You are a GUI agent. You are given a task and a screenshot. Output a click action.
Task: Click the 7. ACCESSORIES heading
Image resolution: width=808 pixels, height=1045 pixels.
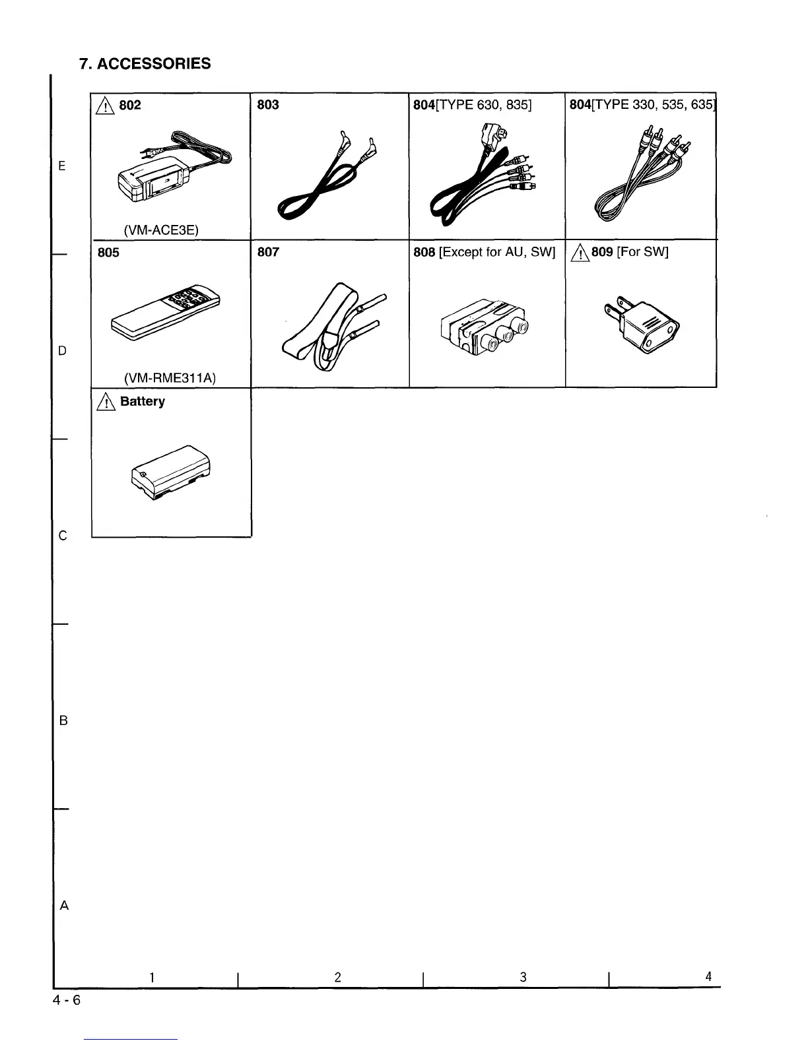click(x=145, y=63)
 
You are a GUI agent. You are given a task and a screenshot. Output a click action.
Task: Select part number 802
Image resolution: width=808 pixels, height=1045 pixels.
click(x=129, y=105)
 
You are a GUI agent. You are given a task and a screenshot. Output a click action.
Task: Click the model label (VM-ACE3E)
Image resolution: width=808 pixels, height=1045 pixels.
click(x=161, y=230)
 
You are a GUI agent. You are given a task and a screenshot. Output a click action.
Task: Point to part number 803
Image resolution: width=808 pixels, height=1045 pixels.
click(x=267, y=105)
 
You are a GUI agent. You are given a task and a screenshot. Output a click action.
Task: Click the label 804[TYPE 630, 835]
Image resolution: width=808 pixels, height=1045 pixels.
click(x=472, y=105)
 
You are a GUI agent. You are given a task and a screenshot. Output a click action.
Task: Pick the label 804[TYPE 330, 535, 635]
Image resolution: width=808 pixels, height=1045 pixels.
click(x=642, y=105)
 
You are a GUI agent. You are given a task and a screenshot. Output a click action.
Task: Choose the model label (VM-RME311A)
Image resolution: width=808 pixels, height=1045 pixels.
click(x=170, y=378)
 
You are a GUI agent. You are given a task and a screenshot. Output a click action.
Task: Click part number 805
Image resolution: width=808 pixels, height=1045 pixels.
click(x=108, y=253)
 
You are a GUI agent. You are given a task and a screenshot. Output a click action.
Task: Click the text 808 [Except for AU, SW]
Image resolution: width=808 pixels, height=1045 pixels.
click(x=484, y=252)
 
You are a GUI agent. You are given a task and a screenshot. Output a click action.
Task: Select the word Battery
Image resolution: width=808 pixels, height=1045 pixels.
click(x=142, y=401)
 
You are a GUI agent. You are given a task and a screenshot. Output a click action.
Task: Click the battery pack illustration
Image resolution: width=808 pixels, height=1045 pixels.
click(x=170, y=471)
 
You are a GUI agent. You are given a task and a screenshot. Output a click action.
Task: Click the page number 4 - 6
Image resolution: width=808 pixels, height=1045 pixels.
click(x=67, y=1000)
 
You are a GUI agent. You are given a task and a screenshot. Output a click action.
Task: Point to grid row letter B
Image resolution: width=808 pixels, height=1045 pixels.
click(x=63, y=720)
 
